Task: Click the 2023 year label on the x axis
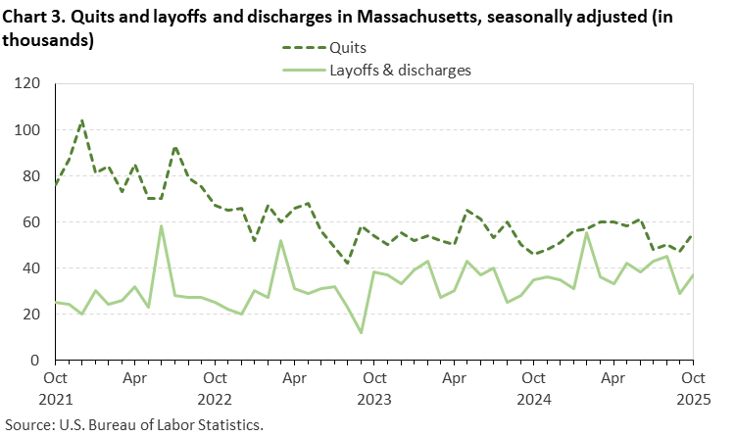(373, 400)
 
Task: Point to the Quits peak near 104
(82, 121)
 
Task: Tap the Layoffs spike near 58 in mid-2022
(162, 226)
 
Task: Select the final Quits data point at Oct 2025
(693, 236)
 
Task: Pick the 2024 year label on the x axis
(533, 400)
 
